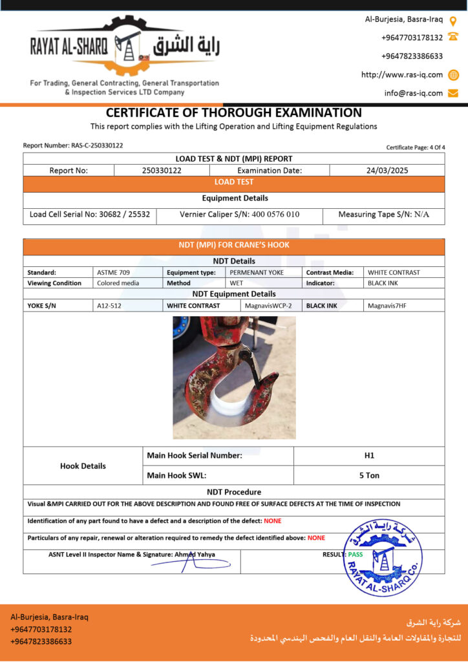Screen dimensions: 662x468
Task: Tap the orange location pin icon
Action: [x=452, y=20]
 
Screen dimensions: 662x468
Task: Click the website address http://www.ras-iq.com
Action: [x=401, y=74]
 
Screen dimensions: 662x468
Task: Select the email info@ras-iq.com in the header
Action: [x=413, y=93]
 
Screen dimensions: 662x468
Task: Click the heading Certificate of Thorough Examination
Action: [x=233, y=113]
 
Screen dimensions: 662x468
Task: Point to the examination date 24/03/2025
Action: [x=387, y=171]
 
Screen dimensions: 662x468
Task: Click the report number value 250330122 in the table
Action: [x=162, y=171]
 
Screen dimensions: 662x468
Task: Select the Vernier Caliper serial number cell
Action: [x=239, y=214]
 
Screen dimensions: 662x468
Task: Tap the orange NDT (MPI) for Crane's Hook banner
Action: [x=233, y=245]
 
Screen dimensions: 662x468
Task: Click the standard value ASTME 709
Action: [x=113, y=272]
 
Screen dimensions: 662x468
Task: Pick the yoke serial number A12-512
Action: [x=108, y=305]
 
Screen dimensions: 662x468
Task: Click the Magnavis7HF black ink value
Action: [x=387, y=305]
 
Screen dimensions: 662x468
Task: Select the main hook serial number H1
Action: [x=369, y=455]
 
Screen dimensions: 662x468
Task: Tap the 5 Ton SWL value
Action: [x=369, y=475]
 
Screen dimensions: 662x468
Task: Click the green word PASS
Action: [x=355, y=554]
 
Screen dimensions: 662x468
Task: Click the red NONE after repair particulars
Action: [x=316, y=537]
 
